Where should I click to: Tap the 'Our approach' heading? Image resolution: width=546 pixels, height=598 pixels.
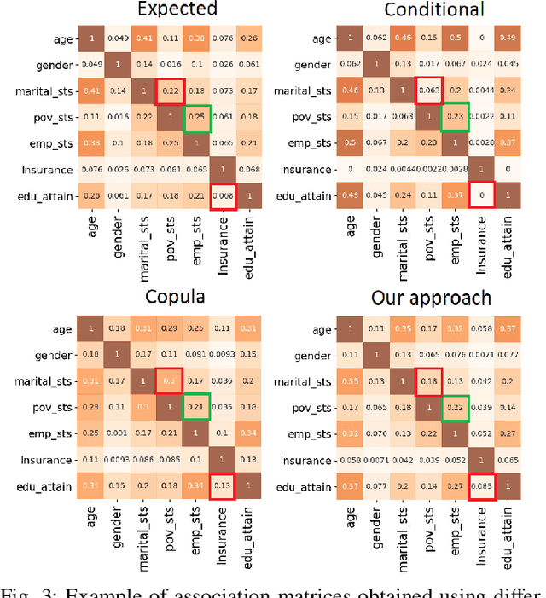[x=431, y=298]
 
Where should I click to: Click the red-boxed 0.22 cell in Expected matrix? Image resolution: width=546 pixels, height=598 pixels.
[x=171, y=90]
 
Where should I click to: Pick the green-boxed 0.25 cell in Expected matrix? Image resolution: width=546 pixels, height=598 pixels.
[x=197, y=116]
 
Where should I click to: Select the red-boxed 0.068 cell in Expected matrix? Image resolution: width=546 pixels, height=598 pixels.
[x=224, y=194]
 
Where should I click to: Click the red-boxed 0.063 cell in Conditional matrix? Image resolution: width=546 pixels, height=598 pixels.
[x=427, y=90]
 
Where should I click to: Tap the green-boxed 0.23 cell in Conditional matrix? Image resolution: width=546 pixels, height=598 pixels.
[x=453, y=116]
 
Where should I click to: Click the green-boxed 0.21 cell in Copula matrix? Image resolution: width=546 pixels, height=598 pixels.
[x=197, y=406]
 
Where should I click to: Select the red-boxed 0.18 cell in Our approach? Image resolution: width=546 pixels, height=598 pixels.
[x=427, y=380]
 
